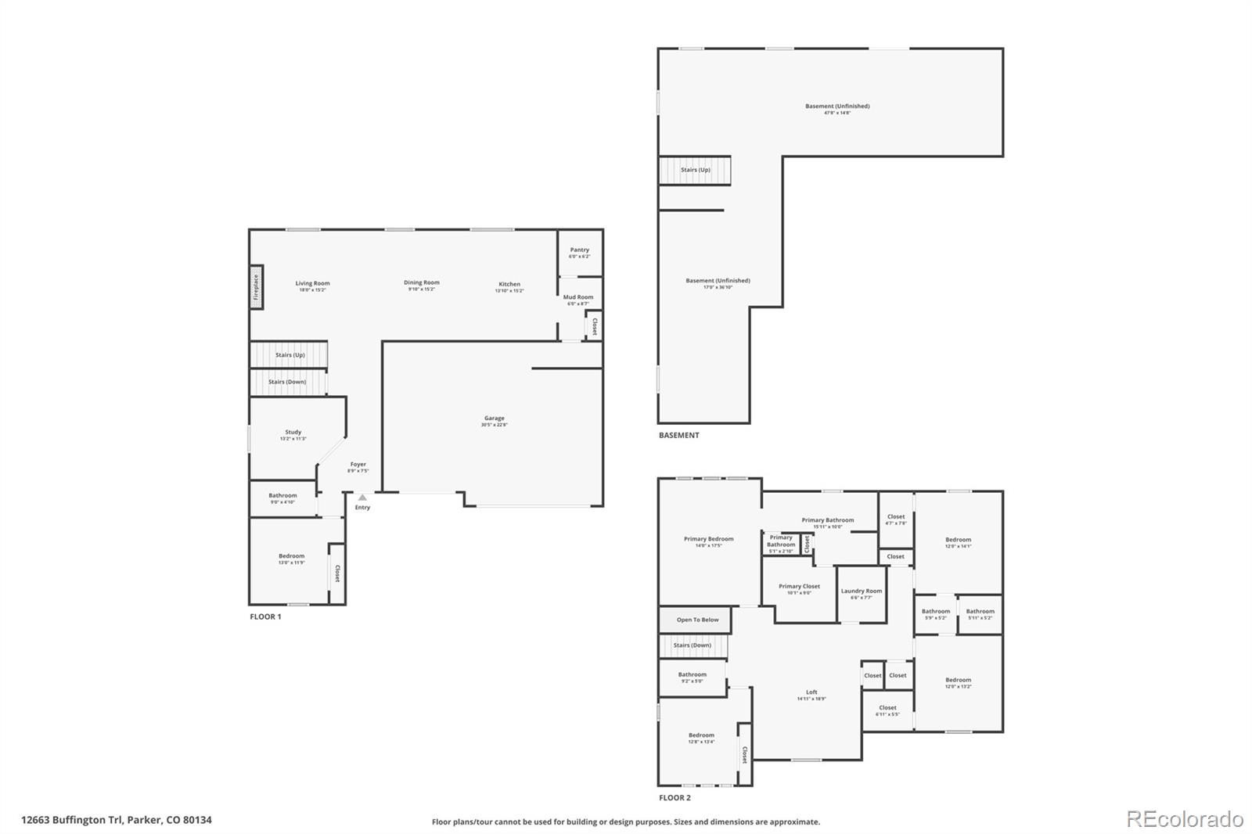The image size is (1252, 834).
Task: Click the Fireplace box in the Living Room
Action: point(256,287)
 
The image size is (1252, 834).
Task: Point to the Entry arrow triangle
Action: point(362,497)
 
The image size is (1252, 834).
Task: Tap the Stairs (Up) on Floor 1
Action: point(289,354)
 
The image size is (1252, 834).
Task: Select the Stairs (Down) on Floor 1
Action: point(287,382)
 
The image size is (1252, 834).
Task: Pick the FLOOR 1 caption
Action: point(265,617)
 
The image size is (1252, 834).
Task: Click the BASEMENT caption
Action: point(678,435)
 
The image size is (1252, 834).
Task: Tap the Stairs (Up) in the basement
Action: point(695,170)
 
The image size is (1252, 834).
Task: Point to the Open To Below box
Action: point(696,620)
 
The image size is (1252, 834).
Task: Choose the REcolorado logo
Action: point(1184,819)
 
